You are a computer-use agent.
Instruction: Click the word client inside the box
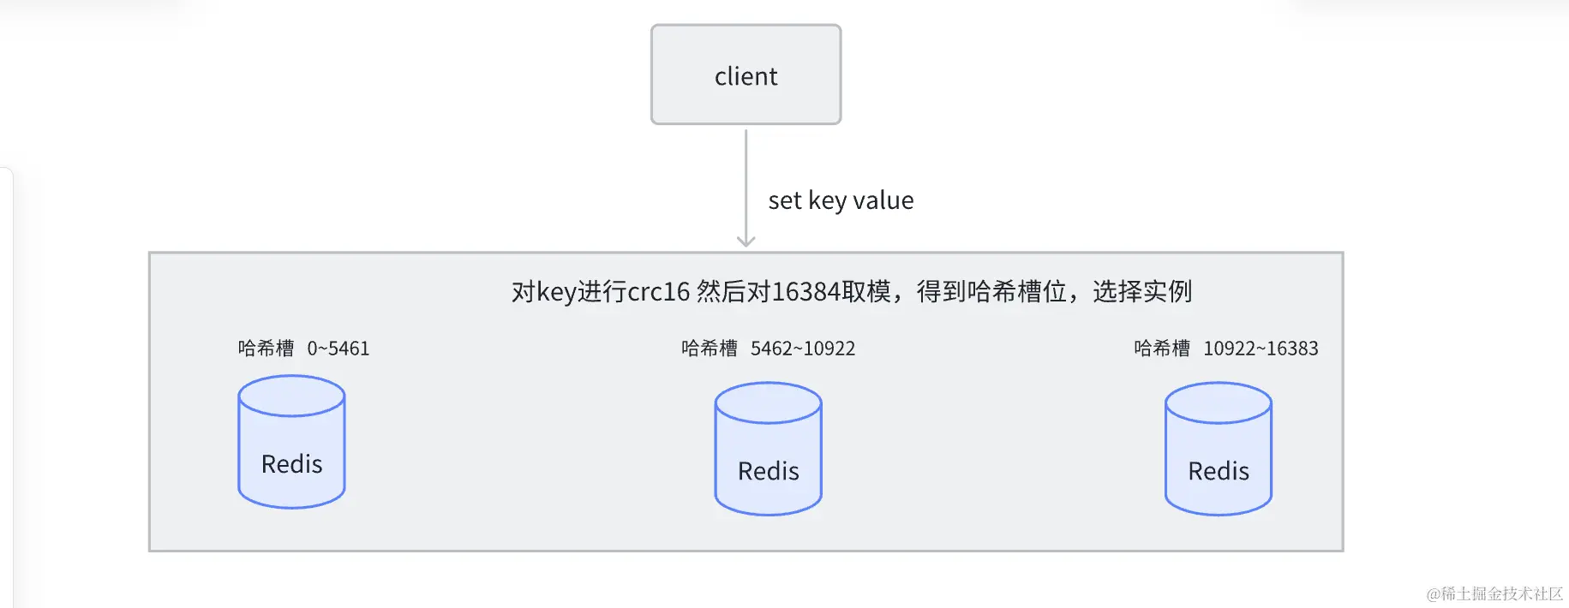(746, 76)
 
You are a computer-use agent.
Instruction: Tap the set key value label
(840, 200)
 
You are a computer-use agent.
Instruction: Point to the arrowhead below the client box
(746, 241)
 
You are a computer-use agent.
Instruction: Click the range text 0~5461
(338, 349)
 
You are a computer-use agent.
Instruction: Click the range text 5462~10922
(802, 349)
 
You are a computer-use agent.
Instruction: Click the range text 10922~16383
(1261, 349)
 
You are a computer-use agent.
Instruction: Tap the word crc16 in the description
(658, 292)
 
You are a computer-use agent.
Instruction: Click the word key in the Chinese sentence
(555, 292)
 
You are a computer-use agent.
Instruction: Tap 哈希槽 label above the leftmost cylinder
(266, 349)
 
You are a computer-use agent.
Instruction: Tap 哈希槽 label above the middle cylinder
(709, 349)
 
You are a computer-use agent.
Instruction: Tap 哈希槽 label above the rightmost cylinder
(1161, 349)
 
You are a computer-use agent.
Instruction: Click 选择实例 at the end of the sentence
(1141, 292)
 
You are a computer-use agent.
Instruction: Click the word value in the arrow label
(883, 200)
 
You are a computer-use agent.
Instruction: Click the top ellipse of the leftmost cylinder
(291, 396)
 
